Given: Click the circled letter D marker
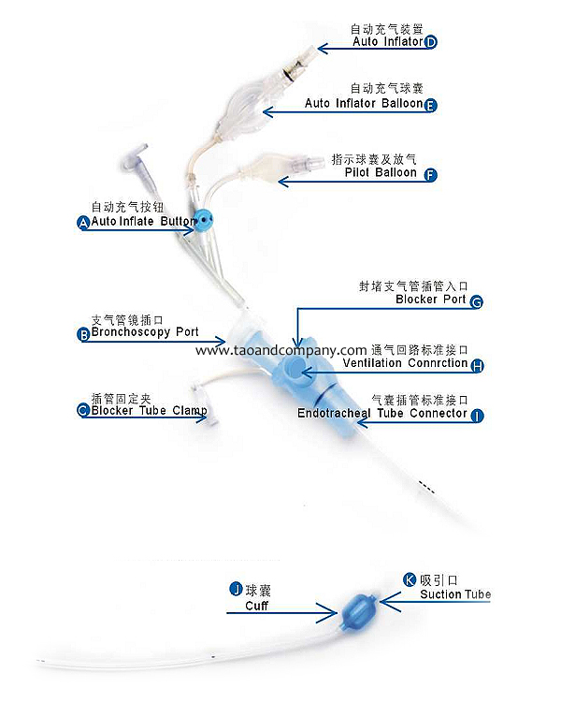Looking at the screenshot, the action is click(x=430, y=42).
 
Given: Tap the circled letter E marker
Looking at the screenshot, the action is click(x=430, y=105).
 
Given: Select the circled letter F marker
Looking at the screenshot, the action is click(x=430, y=175).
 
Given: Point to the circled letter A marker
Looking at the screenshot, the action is click(x=84, y=223).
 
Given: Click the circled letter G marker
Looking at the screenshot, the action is click(x=477, y=301).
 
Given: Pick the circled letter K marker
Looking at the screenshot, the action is click(x=410, y=579).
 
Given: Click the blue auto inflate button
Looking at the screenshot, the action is click(x=203, y=221).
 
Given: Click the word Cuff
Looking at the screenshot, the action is click(x=256, y=606).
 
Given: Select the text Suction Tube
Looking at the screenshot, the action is click(x=455, y=594).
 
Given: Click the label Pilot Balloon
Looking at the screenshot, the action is click(x=381, y=172).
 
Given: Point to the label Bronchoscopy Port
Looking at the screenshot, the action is click(x=145, y=332).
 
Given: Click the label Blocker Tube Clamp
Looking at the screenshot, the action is click(x=149, y=411).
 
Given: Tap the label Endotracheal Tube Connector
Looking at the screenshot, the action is click(x=382, y=413).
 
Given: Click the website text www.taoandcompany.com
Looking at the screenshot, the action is click(x=281, y=350).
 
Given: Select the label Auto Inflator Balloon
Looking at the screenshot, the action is click(x=364, y=103).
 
